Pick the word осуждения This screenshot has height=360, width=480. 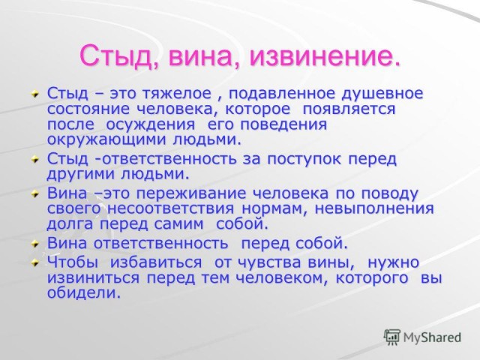tap(153, 124)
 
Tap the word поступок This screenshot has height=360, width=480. tap(295, 159)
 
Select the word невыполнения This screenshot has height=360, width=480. tap(379, 208)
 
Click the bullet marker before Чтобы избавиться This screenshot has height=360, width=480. tap(34, 263)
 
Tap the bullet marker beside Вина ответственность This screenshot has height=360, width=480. tap(34, 244)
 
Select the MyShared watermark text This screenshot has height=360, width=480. tap(433, 337)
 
